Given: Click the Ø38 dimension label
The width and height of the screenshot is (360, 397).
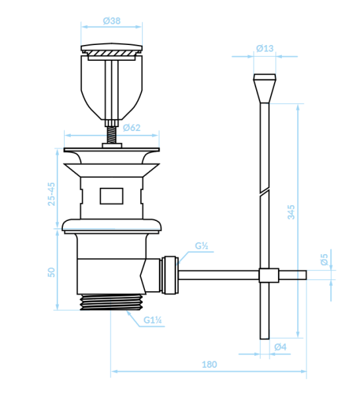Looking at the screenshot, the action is (112, 21).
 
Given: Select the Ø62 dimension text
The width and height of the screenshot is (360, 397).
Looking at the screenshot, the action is (132, 128).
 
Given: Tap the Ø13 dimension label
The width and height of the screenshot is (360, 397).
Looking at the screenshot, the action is (265, 48).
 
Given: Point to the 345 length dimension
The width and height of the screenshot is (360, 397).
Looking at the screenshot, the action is (291, 212).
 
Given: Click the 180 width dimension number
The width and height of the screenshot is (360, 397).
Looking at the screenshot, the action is (209, 365).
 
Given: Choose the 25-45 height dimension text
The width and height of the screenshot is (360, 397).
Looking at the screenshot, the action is (52, 194).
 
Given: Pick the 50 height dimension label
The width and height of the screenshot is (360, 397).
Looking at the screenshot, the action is (52, 272).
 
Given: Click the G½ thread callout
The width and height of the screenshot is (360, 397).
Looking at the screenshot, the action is (202, 245).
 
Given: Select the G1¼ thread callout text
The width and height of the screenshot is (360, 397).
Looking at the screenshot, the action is (153, 320).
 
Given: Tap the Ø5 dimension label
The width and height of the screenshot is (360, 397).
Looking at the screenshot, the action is (324, 259).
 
